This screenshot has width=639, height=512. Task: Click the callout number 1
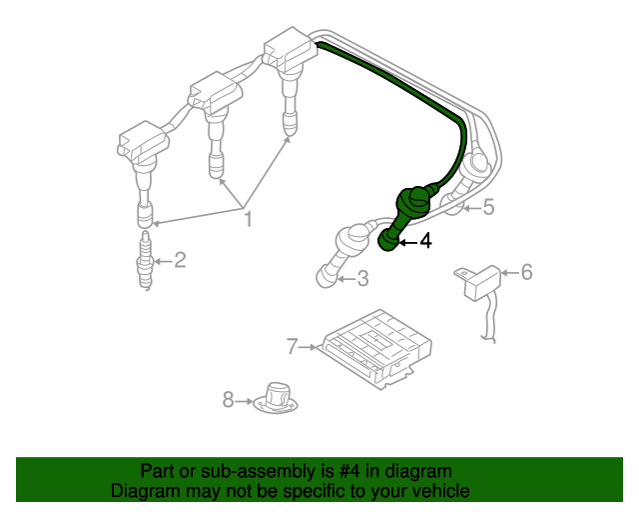coord(249,219)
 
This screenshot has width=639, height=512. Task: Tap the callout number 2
coord(180,260)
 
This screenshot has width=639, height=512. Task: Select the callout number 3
coord(362,278)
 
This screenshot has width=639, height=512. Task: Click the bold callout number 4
coord(425,241)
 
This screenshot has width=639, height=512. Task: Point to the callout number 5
coord(488,207)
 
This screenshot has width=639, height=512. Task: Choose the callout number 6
coord(527,272)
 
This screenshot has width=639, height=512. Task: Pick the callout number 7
coord(293,347)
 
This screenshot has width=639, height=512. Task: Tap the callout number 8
coord(229,400)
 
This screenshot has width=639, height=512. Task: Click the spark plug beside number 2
coord(146,260)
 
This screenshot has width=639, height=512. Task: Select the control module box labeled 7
coord(377,349)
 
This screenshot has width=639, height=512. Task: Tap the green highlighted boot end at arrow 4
coord(388,240)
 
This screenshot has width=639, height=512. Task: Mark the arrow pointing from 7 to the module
coord(308,347)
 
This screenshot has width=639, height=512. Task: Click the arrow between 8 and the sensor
coord(245,401)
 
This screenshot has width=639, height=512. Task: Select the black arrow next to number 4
coord(408,243)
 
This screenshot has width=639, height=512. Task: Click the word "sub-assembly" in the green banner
coord(258,472)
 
